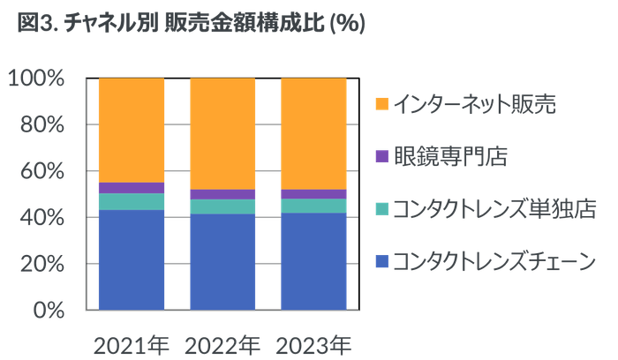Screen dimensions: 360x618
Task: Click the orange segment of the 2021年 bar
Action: coord(132,130)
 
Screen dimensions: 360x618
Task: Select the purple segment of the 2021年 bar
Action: coord(132,188)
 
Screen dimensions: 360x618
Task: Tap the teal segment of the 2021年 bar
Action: coord(132,202)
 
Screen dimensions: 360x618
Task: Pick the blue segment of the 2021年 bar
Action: coord(132,260)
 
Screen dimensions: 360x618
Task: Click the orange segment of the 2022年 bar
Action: coord(222,133)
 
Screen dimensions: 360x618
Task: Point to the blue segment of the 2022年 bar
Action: coord(222,262)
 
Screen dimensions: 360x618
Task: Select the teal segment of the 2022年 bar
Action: coord(222,206)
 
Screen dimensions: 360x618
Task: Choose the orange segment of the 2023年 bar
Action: coord(313,133)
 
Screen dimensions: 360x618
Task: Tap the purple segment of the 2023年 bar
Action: coord(313,194)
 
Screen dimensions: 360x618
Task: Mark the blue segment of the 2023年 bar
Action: coord(313,262)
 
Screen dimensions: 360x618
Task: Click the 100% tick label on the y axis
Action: coord(37,79)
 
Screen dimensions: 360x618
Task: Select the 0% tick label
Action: coord(48,310)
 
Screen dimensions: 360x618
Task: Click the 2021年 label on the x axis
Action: coord(132,341)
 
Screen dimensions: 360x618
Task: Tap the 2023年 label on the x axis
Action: coord(313,341)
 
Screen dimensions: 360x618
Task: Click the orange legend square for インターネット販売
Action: coord(381,103)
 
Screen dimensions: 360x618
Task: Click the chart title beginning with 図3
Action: coord(191,24)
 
